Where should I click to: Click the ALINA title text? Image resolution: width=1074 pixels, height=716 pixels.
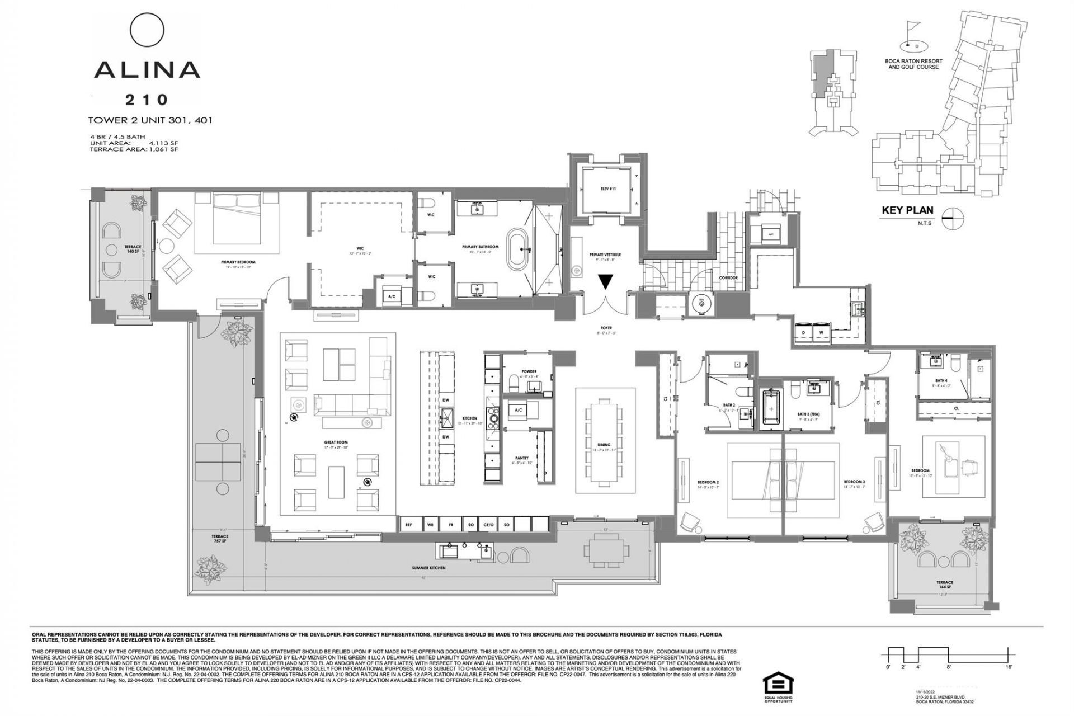coord(147,69)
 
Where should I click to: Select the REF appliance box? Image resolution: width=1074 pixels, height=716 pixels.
coord(409,525)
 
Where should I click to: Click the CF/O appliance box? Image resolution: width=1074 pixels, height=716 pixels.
coord(488,525)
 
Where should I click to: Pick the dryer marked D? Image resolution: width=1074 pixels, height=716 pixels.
coord(804,332)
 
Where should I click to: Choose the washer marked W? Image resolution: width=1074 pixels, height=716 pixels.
coord(821,332)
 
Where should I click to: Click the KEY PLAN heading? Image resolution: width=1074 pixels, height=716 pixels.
coord(907,210)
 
